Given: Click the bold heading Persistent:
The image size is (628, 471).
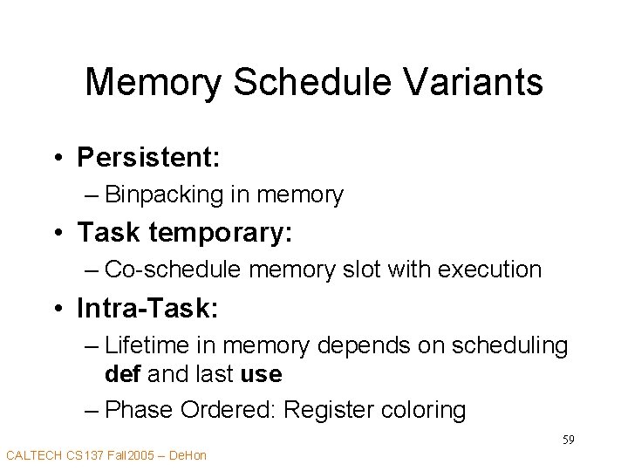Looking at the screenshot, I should pyautogui.click(x=148, y=157).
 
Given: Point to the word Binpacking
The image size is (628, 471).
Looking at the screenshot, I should pyautogui.click(x=166, y=195).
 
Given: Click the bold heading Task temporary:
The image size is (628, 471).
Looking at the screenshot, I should pyautogui.click(x=186, y=232).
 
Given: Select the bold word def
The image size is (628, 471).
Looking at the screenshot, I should pyautogui.click(x=123, y=375).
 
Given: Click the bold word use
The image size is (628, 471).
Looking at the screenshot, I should pyautogui.click(x=261, y=375).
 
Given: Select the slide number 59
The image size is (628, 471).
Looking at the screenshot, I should pyautogui.click(x=567, y=439).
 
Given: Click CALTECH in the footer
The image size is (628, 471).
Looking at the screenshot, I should pyautogui.click(x=35, y=454).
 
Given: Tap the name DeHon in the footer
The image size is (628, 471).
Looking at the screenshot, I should pyautogui.click(x=188, y=454).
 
